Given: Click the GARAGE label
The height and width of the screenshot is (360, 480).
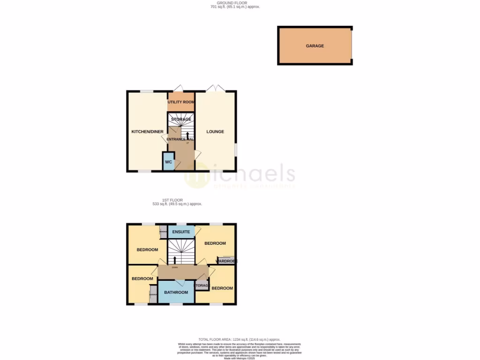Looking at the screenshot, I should [x=315, y=46].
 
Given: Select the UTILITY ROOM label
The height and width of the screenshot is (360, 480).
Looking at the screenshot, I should [x=181, y=102].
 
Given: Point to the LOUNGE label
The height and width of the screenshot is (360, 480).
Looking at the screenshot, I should [x=215, y=132].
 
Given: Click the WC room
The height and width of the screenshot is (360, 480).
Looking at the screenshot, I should [x=168, y=162].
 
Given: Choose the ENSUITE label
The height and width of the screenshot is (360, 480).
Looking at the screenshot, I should [x=181, y=232].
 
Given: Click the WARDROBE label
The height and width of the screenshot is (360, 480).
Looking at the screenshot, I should [x=226, y=261].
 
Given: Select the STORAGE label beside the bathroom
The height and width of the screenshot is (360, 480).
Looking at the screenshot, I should [x=202, y=285].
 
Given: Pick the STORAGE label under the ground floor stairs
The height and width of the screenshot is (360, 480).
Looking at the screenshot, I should [x=181, y=120].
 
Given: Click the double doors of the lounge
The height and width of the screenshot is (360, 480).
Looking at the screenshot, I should [x=216, y=88].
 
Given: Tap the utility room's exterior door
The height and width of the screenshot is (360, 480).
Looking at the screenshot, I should [x=178, y=89].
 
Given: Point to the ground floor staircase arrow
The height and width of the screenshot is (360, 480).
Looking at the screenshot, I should [x=181, y=135].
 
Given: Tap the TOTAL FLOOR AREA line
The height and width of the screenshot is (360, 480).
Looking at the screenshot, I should [x=239, y=339].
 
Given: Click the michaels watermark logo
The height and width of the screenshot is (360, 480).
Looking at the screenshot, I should [x=239, y=176].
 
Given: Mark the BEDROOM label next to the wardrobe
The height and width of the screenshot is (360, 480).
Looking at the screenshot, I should [x=215, y=243].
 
